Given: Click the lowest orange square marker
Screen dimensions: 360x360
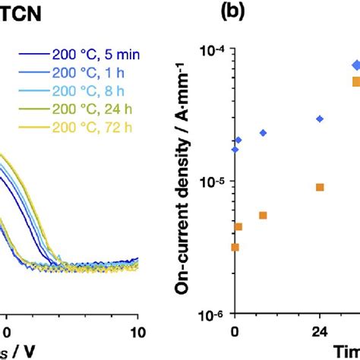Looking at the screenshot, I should [235, 247].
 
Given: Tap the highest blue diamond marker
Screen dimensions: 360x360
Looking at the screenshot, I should [356, 65].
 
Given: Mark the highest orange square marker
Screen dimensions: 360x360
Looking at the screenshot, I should [356, 82].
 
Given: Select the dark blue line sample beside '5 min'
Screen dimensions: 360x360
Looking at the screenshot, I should [30, 54].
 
